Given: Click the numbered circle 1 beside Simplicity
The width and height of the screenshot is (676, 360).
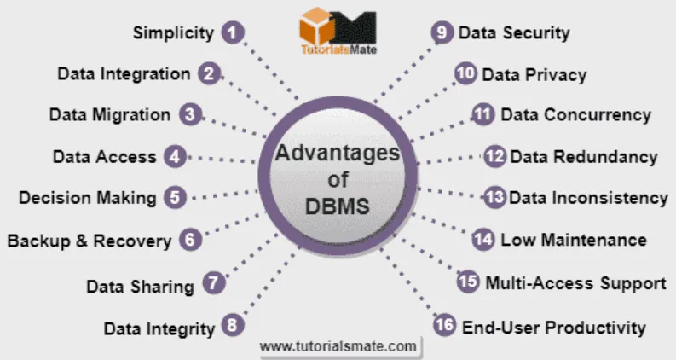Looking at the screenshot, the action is tap(232, 33).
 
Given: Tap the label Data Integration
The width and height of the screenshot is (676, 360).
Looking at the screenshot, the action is tap(124, 73).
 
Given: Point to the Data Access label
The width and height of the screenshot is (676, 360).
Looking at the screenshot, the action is tap(104, 156).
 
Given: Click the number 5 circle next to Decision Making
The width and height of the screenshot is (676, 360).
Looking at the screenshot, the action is tap(174, 197).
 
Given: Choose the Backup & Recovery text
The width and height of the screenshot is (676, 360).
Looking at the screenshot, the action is tap(89, 241).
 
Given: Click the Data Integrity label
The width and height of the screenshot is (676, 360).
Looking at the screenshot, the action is tap(159, 328).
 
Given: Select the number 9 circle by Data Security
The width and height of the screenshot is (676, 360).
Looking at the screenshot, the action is tap(441, 33).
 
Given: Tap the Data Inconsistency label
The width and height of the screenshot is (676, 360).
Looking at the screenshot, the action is tap(588, 198).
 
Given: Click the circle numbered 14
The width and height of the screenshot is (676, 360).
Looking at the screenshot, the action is tap(483, 240).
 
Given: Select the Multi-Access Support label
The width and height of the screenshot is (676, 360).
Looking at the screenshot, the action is tap(575, 282).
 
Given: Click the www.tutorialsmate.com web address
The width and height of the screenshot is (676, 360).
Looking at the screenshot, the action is tap(338, 346).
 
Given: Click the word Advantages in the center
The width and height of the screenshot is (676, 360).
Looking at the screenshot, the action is tap(337, 154).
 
